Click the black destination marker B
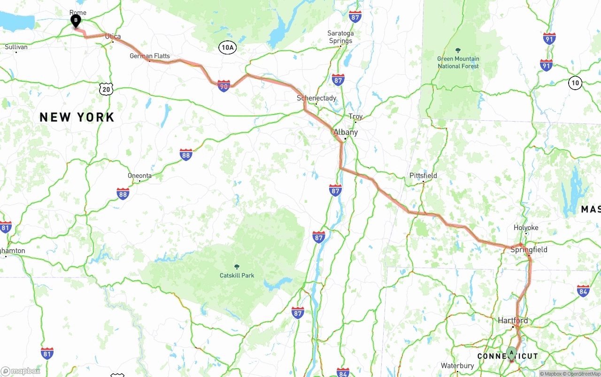click(x=76, y=21)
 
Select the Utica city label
click(x=113, y=36)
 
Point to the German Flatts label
click(x=150, y=56)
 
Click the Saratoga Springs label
click(x=340, y=37)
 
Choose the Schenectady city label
click(x=316, y=98)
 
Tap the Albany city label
click(x=346, y=132)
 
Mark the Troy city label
click(x=355, y=116)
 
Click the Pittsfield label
click(x=423, y=176)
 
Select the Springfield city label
click(x=529, y=249)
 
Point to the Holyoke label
click(x=526, y=228)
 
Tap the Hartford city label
click(x=513, y=321)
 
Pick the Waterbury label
click(x=457, y=366)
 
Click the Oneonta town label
click(x=139, y=176)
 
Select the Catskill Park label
click(x=237, y=275)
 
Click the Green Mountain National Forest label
click(x=458, y=62)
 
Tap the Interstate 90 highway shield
click(x=223, y=86)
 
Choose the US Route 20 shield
click(x=107, y=89)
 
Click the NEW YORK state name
click(x=77, y=117)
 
